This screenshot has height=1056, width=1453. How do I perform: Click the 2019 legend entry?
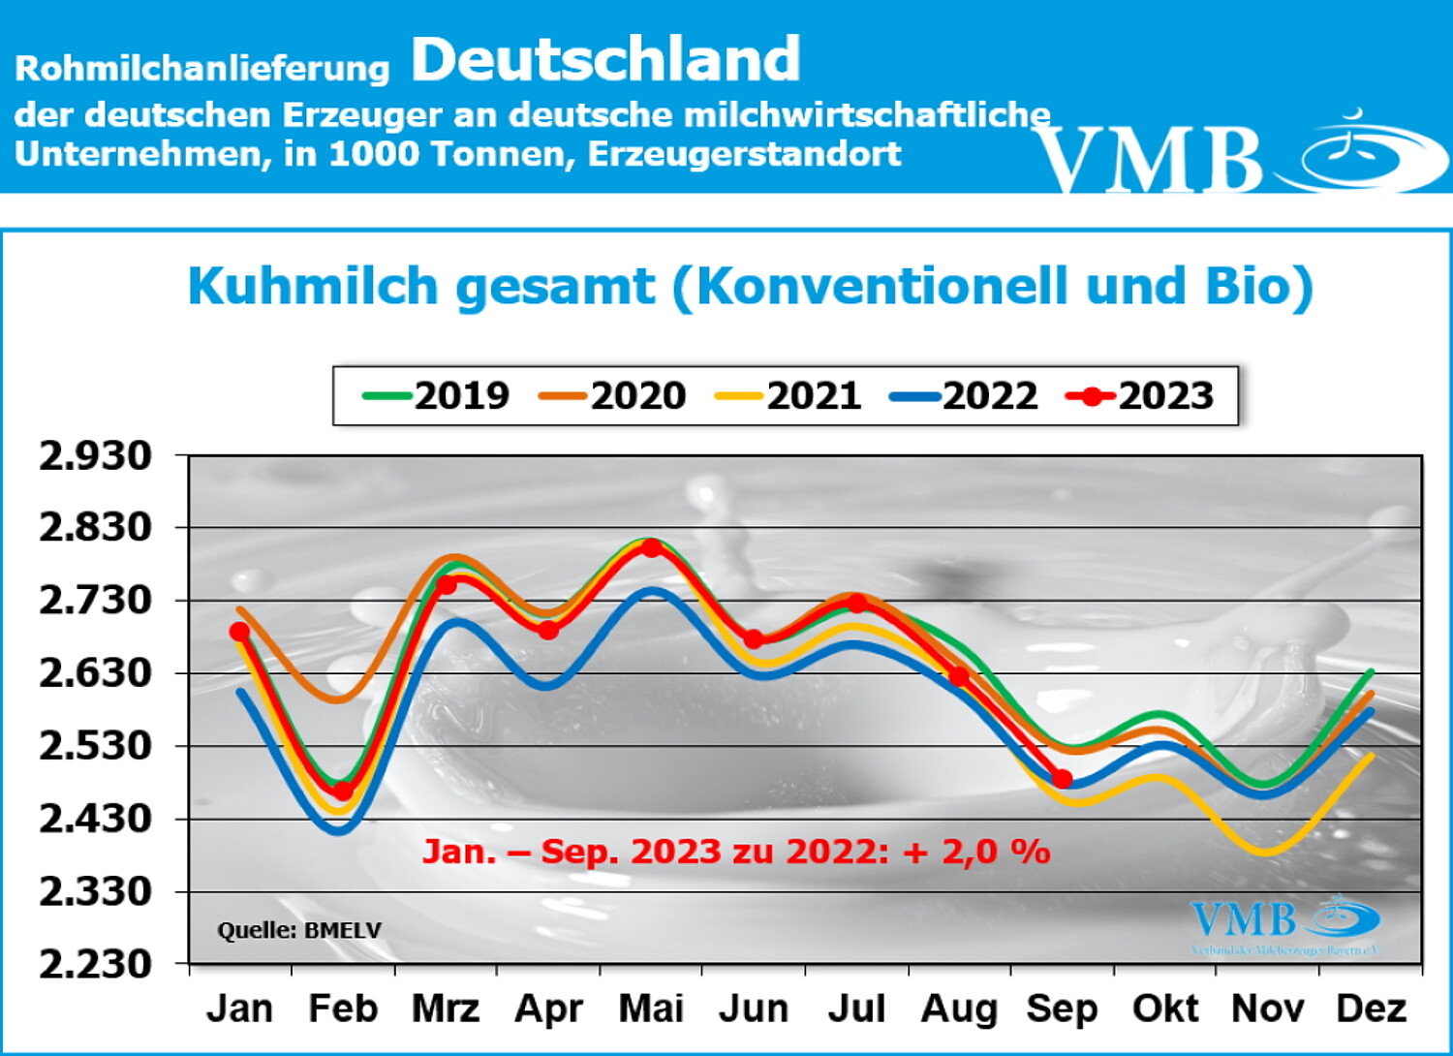[x=437, y=395]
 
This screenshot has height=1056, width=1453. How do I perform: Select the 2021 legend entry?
[x=788, y=395]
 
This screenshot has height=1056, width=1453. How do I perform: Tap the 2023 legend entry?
[x=1140, y=395]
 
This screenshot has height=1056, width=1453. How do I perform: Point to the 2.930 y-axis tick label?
[x=96, y=455]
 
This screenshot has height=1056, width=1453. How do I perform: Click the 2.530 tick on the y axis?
[x=96, y=746]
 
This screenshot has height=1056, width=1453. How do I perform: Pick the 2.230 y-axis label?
[x=96, y=964]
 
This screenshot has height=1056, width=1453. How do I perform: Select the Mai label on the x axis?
[x=651, y=1009]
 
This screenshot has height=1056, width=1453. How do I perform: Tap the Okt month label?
[x=1165, y=1009]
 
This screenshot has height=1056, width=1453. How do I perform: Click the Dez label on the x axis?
[x=1371, y=1009]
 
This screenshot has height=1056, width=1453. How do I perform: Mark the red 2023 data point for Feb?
[x=343, y=792]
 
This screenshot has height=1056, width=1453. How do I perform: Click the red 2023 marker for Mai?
[x=652, y=548]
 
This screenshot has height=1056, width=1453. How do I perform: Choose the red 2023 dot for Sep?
[x=1063, y=779]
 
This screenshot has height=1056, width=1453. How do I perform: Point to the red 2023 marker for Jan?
[x=239, y=632]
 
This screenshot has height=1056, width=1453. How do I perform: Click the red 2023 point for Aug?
[x=959, y=675]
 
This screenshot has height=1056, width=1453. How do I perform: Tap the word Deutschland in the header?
[x=605, y=60]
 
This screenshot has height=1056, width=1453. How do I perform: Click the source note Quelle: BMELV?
[x=299, y=930]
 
